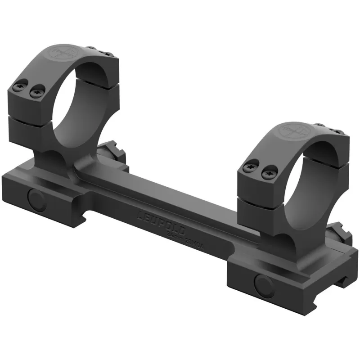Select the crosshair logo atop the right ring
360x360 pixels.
[x=289, y=131]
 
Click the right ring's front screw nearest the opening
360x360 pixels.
[x=269, y=171]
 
